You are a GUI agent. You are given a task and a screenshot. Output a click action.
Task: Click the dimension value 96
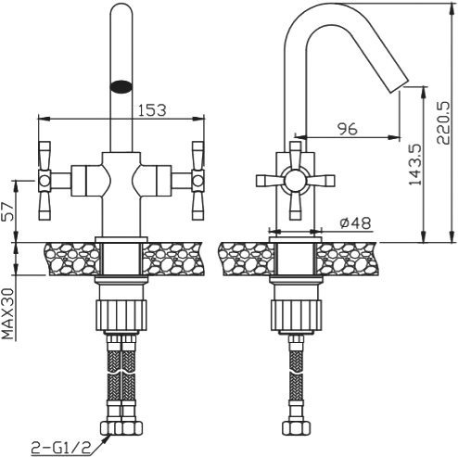[347, 130]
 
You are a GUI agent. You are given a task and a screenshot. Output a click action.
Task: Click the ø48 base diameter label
[356, 222]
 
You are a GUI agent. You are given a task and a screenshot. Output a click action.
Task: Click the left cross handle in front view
[45, 175]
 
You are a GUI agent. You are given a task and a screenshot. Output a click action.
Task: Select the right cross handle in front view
[197, 175]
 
